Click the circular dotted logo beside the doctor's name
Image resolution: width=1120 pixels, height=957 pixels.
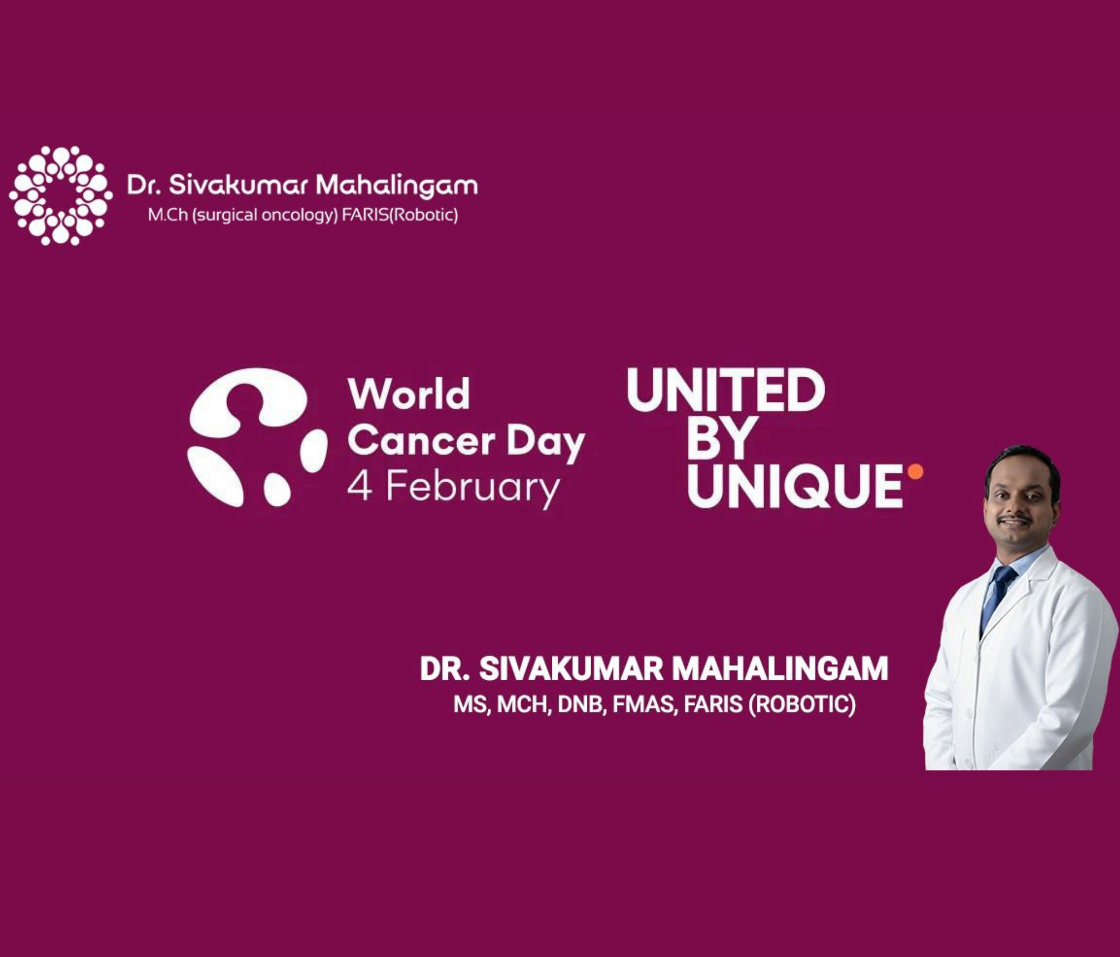pos(61,195)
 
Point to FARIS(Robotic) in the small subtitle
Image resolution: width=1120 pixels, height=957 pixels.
pos(400,215)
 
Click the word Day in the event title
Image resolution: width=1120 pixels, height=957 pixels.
pos(546,444)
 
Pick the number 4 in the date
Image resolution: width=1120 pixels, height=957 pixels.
pos(360,487)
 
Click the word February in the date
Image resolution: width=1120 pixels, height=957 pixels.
pos(473,489)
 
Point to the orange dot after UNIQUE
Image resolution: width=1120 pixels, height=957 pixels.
pos(915,471)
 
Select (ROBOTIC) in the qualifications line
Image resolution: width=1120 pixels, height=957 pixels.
pos(802,704)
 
